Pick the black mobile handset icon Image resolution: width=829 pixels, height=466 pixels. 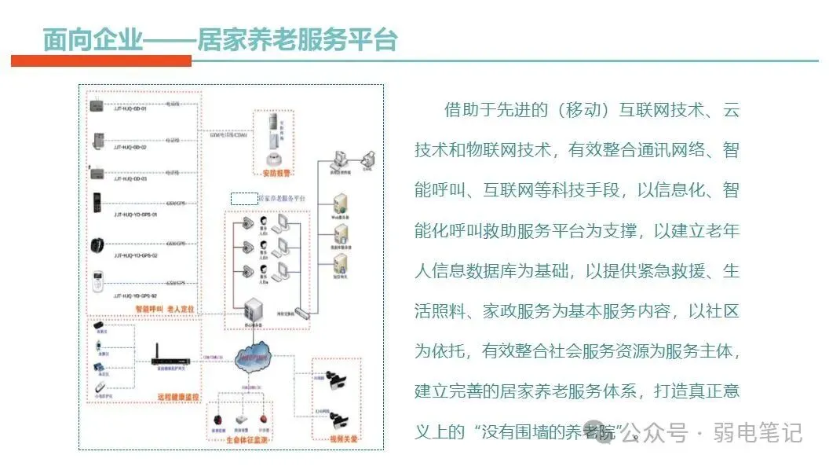pyautogui.click(x=97, y=203)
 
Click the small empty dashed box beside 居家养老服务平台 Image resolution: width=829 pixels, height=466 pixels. pyautogui.click(x=243, y=198)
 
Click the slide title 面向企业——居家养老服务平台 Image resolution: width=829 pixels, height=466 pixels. pyautogui.click(x=220, y=39)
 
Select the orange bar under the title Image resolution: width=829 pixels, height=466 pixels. pyautogui.click(x=101, y=61)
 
